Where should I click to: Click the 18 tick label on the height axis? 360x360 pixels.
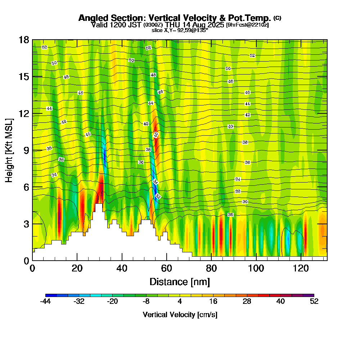(x=23, y=40)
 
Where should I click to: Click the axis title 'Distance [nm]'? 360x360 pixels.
(x=180, y=282)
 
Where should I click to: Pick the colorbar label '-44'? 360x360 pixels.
(x=45, y=302)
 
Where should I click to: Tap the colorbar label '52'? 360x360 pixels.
(x=314, y=302)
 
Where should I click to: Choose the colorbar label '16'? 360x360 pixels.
(x=213, y=302)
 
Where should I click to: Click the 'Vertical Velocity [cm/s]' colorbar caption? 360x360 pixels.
(x=180, y=315)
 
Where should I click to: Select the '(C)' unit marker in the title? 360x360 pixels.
(x=277, y=18)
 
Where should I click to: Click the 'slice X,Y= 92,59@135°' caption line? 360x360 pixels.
(x=180, y=30)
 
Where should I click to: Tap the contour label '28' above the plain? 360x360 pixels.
(x=230, y=215)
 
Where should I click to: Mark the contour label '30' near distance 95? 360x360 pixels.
(x=245, y=202)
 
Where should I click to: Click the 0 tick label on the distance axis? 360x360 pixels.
(x=32, y=268)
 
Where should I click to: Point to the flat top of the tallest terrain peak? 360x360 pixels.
(x=99, y=204)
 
